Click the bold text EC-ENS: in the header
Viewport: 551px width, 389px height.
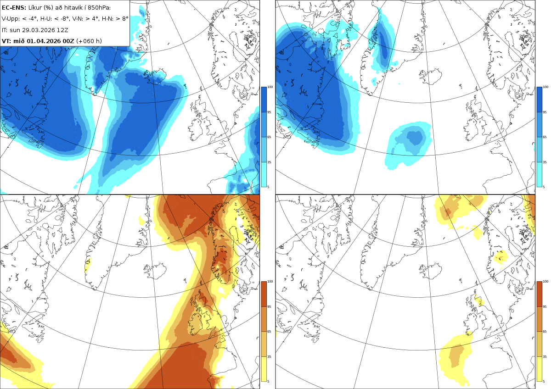[14, 8]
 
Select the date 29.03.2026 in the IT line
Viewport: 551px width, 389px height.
[38, 30]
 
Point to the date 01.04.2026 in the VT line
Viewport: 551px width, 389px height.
[44, 41]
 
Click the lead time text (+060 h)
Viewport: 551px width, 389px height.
[89, 41]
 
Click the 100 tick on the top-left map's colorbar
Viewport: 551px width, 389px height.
[270, 87]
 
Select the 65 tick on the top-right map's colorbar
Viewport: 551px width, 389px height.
[545, 137]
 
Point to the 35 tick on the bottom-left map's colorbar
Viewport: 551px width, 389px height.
[269, 356]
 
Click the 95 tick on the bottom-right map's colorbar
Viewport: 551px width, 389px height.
[545, 307]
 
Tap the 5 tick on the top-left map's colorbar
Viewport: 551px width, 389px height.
[268, 187]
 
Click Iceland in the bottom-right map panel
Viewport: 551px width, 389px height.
[430, 271]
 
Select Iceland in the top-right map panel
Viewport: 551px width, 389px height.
[430, 77]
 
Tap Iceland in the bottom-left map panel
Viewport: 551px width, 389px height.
[155, 271]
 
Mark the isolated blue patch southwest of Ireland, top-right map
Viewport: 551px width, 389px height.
[408, 145]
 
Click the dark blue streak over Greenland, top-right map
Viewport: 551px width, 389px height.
[383, 44]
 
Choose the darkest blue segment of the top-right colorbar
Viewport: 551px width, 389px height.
[540, 100]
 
